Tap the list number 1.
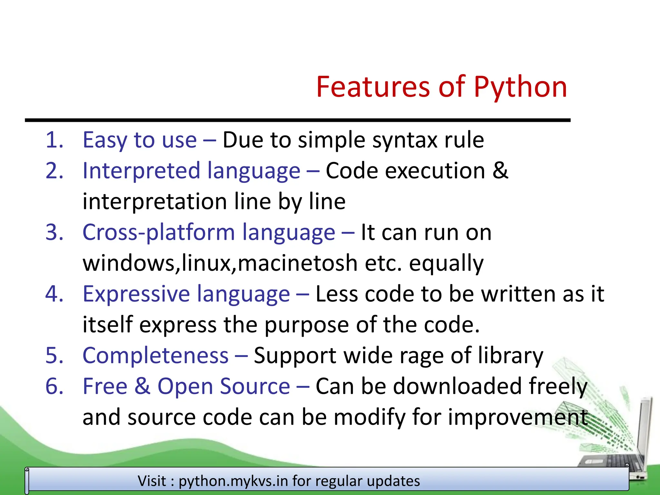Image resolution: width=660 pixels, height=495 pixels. click(x=54, y=140)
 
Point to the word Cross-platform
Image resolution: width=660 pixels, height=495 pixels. click(x=159, y=232)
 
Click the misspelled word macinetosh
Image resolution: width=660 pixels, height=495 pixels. click(x=297, y=263)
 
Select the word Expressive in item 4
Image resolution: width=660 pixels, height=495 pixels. click(x=136, y=294)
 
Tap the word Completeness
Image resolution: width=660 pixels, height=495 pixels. click(x=156, y=356)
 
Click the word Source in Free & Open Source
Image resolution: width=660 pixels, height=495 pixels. click(x=255, y=386)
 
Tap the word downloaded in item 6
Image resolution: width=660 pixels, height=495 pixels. click(x=457, y=386)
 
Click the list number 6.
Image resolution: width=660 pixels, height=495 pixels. click(x=54, y=386)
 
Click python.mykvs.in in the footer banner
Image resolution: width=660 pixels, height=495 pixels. click(x=233, y=481)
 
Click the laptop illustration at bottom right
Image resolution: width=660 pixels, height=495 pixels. click(x=622, y=451)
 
